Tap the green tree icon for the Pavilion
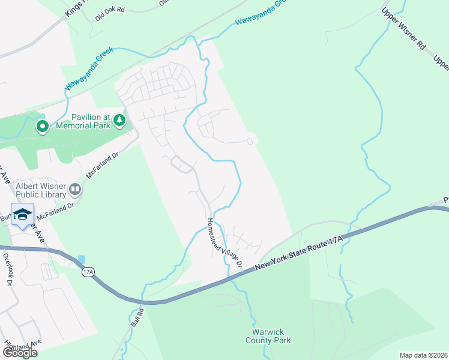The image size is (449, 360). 120,121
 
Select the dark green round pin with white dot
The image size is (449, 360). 42,127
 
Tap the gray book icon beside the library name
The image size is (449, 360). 75,190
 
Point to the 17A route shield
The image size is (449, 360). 88,272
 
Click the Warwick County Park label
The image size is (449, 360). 268,336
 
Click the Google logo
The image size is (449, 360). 19,352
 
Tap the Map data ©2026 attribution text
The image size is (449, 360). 423,355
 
